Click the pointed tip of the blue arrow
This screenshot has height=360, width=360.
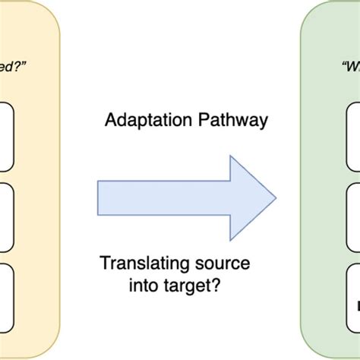274,198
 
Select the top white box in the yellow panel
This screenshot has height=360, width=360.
7,137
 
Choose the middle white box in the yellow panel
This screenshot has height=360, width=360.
7,216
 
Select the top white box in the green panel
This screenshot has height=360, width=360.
353,137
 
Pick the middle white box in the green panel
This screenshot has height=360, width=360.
353,216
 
